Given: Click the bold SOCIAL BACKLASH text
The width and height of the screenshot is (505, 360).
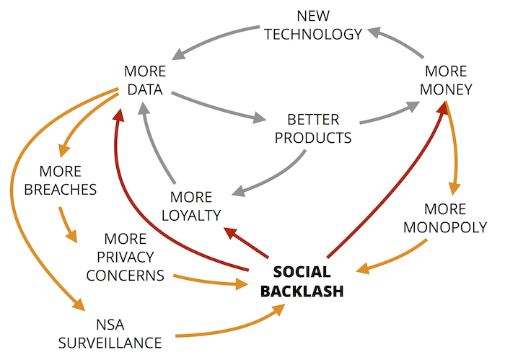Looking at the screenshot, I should tap(302, 281).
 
